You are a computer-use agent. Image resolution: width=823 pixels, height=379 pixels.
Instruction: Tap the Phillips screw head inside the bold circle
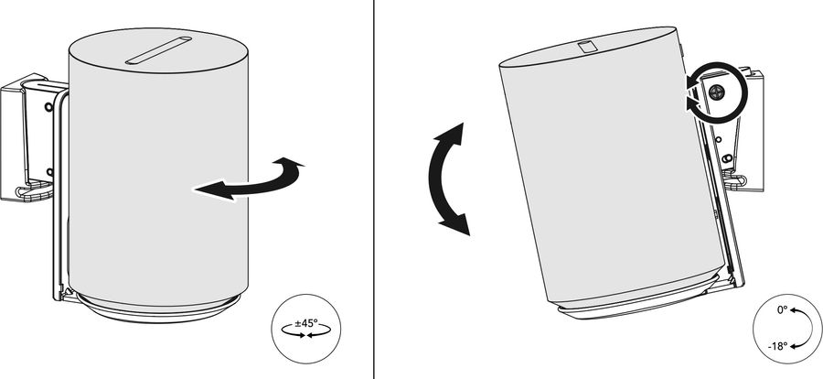pos(716,92)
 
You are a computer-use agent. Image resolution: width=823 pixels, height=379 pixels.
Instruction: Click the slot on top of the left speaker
pos(158,51)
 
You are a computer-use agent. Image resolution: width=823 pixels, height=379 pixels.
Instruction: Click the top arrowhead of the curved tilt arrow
pos(453,134)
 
